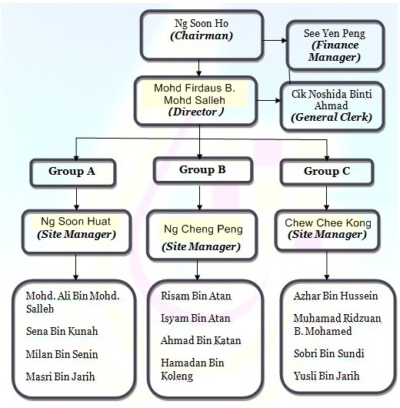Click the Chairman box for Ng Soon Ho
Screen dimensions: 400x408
tap(202, 35)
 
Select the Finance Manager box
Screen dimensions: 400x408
tap(335, 45)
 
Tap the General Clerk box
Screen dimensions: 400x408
tap(332, 106)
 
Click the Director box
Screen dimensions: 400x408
tap(195, 101)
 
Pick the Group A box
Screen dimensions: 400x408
tap(73, 172)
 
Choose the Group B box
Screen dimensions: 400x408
tap(203, 170)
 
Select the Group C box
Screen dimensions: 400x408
tap(327, 172)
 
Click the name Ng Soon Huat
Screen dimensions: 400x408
tap(75, 222)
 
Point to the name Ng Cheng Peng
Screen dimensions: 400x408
tap(203, 229)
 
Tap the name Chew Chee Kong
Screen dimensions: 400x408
tap(328, 222)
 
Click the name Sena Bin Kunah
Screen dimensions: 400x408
tap(62, 331)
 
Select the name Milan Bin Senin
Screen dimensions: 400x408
tap(62, 354)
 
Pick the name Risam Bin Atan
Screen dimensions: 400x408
tap(196, 296)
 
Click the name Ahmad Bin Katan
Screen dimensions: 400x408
tap(201, 340)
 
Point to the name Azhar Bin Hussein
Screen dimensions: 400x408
tap(335, 296)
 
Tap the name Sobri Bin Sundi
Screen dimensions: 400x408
tap(329, 353)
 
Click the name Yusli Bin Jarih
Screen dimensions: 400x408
tap(327, 376)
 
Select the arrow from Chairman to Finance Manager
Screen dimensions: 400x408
tap(275, 40)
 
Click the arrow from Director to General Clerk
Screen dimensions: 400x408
tap(268, 100)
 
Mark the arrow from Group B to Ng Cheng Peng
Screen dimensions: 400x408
tap(199, 197)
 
